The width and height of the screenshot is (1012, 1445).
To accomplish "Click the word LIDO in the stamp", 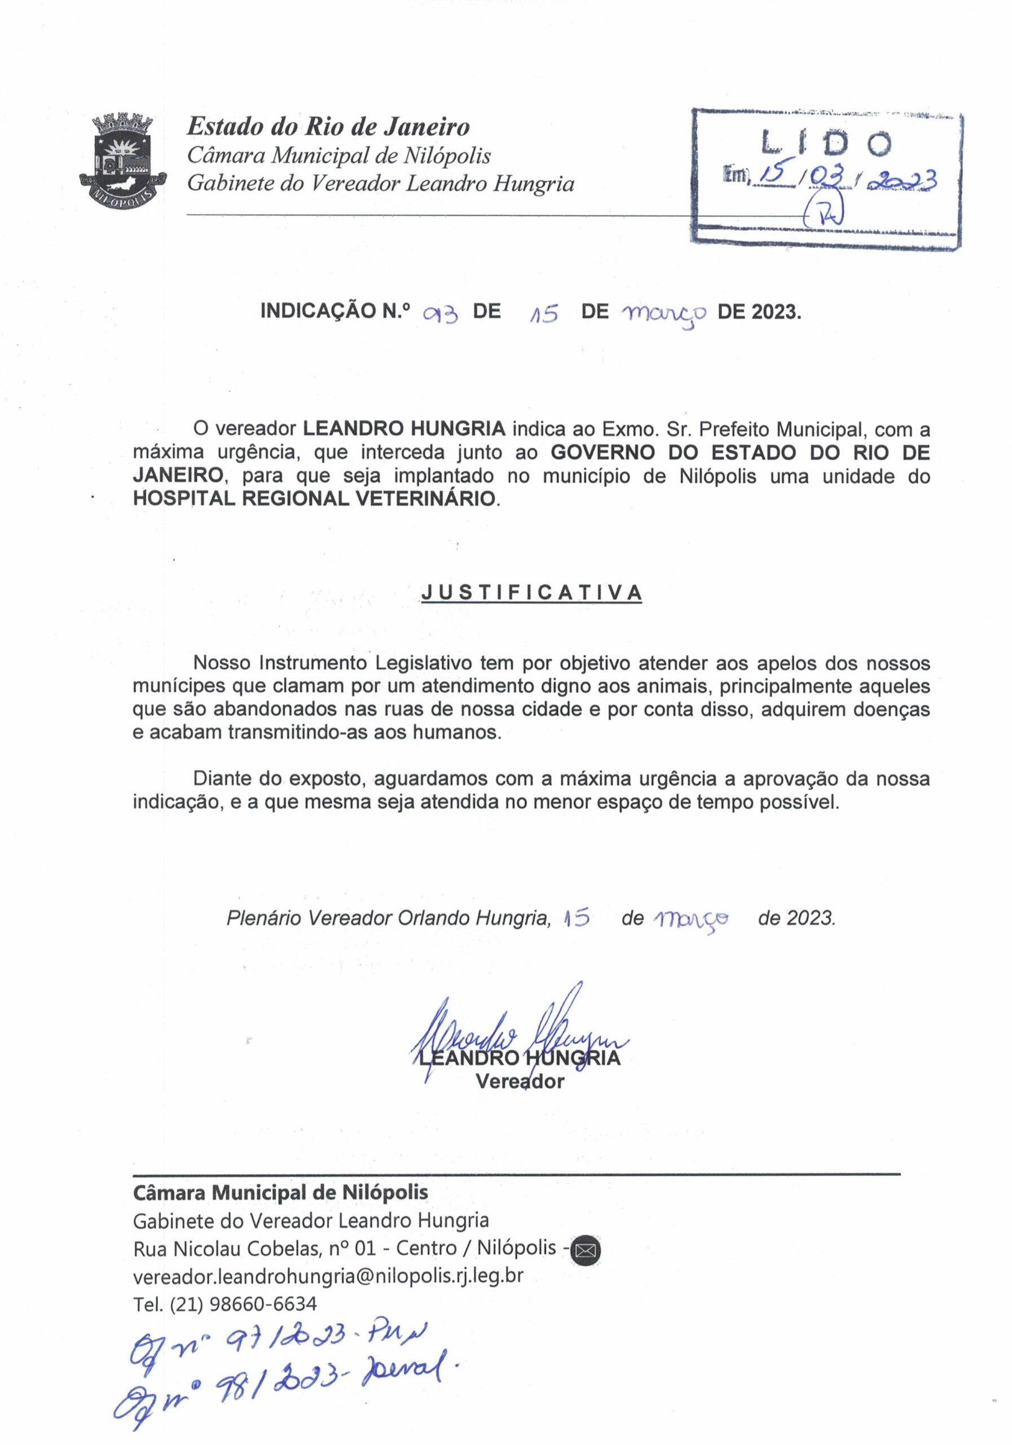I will tap(826, 144).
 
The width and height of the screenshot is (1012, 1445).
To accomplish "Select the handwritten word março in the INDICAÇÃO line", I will tap(664, 312).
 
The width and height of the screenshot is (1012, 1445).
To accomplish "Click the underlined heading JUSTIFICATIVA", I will tap(531, 592).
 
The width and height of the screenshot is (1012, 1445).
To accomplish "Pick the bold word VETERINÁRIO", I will tap(426, 498).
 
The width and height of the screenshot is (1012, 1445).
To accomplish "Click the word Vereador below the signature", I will tap(520, 1082).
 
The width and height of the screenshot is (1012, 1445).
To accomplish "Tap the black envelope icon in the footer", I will tap(585, 1248).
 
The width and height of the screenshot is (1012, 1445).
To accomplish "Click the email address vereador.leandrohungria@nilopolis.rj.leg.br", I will tap(328, 1276).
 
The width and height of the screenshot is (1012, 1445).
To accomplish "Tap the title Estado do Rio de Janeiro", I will tap(328, 127).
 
